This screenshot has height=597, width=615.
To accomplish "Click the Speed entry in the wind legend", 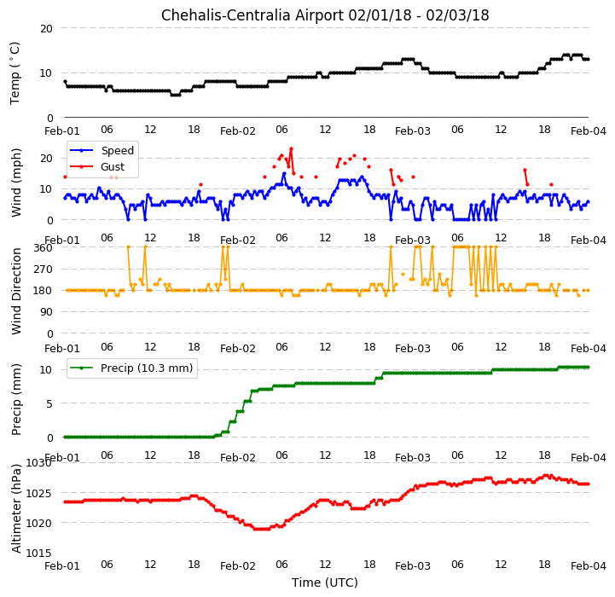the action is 117,151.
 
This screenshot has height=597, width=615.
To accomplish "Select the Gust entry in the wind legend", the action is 113,166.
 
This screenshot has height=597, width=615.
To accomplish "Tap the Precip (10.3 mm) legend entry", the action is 147,368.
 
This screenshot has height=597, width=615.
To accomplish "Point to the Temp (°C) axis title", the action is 15,73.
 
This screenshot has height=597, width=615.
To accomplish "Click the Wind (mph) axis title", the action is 16,183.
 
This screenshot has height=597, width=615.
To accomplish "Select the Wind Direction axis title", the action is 16,291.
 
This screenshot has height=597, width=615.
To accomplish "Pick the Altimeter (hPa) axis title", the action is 16,508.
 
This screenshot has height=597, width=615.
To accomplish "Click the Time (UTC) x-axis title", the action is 325,583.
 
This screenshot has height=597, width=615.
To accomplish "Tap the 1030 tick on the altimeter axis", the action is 39,463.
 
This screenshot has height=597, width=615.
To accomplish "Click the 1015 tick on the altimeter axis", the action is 39,553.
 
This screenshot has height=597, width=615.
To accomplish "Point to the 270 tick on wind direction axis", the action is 44,270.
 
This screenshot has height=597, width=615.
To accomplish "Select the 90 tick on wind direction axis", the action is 47,312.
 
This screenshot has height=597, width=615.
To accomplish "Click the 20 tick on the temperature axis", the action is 46,28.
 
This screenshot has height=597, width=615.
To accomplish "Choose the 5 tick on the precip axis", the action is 49,403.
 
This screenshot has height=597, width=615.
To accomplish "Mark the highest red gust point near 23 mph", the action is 291,148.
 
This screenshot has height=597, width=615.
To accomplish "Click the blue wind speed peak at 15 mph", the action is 284,174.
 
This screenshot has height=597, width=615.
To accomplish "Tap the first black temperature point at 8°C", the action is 65,82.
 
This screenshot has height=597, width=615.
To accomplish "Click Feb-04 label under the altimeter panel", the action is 589,566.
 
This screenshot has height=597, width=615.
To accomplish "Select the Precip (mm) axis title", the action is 16,400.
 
